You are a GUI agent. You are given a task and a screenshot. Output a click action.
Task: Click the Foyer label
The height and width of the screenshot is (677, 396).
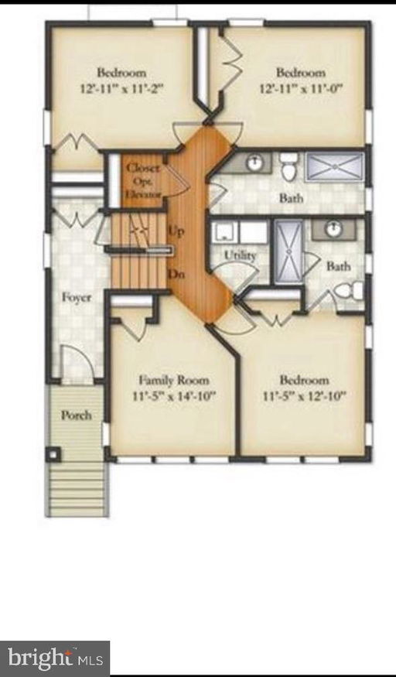[77, 297]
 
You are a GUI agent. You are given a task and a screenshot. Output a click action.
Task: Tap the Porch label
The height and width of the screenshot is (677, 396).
[76, 415]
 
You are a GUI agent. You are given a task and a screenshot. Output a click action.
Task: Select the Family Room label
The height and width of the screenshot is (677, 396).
[174, 380]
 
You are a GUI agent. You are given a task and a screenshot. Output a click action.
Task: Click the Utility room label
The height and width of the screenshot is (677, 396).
[240, 255]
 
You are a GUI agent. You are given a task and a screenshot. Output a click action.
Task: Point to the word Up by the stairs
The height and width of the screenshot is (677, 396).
[176, 231]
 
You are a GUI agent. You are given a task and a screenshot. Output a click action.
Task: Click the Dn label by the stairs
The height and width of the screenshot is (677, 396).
[176, 275]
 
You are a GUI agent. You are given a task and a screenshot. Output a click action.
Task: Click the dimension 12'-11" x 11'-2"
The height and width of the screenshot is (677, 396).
[122, 88]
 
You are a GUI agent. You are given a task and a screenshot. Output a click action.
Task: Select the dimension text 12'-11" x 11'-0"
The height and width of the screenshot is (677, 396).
[302, 88]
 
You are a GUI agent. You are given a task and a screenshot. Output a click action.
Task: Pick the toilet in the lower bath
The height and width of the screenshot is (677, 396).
[347, 292]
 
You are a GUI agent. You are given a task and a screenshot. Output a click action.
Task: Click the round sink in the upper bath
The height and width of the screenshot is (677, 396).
[255, 162]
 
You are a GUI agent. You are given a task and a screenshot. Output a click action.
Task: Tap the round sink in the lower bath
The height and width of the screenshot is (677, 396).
[334, 228]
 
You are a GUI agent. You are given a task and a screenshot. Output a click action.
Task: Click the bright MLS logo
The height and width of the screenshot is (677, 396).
[55, 658]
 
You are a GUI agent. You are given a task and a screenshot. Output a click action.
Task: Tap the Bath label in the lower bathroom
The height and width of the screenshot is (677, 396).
[338, 266]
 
